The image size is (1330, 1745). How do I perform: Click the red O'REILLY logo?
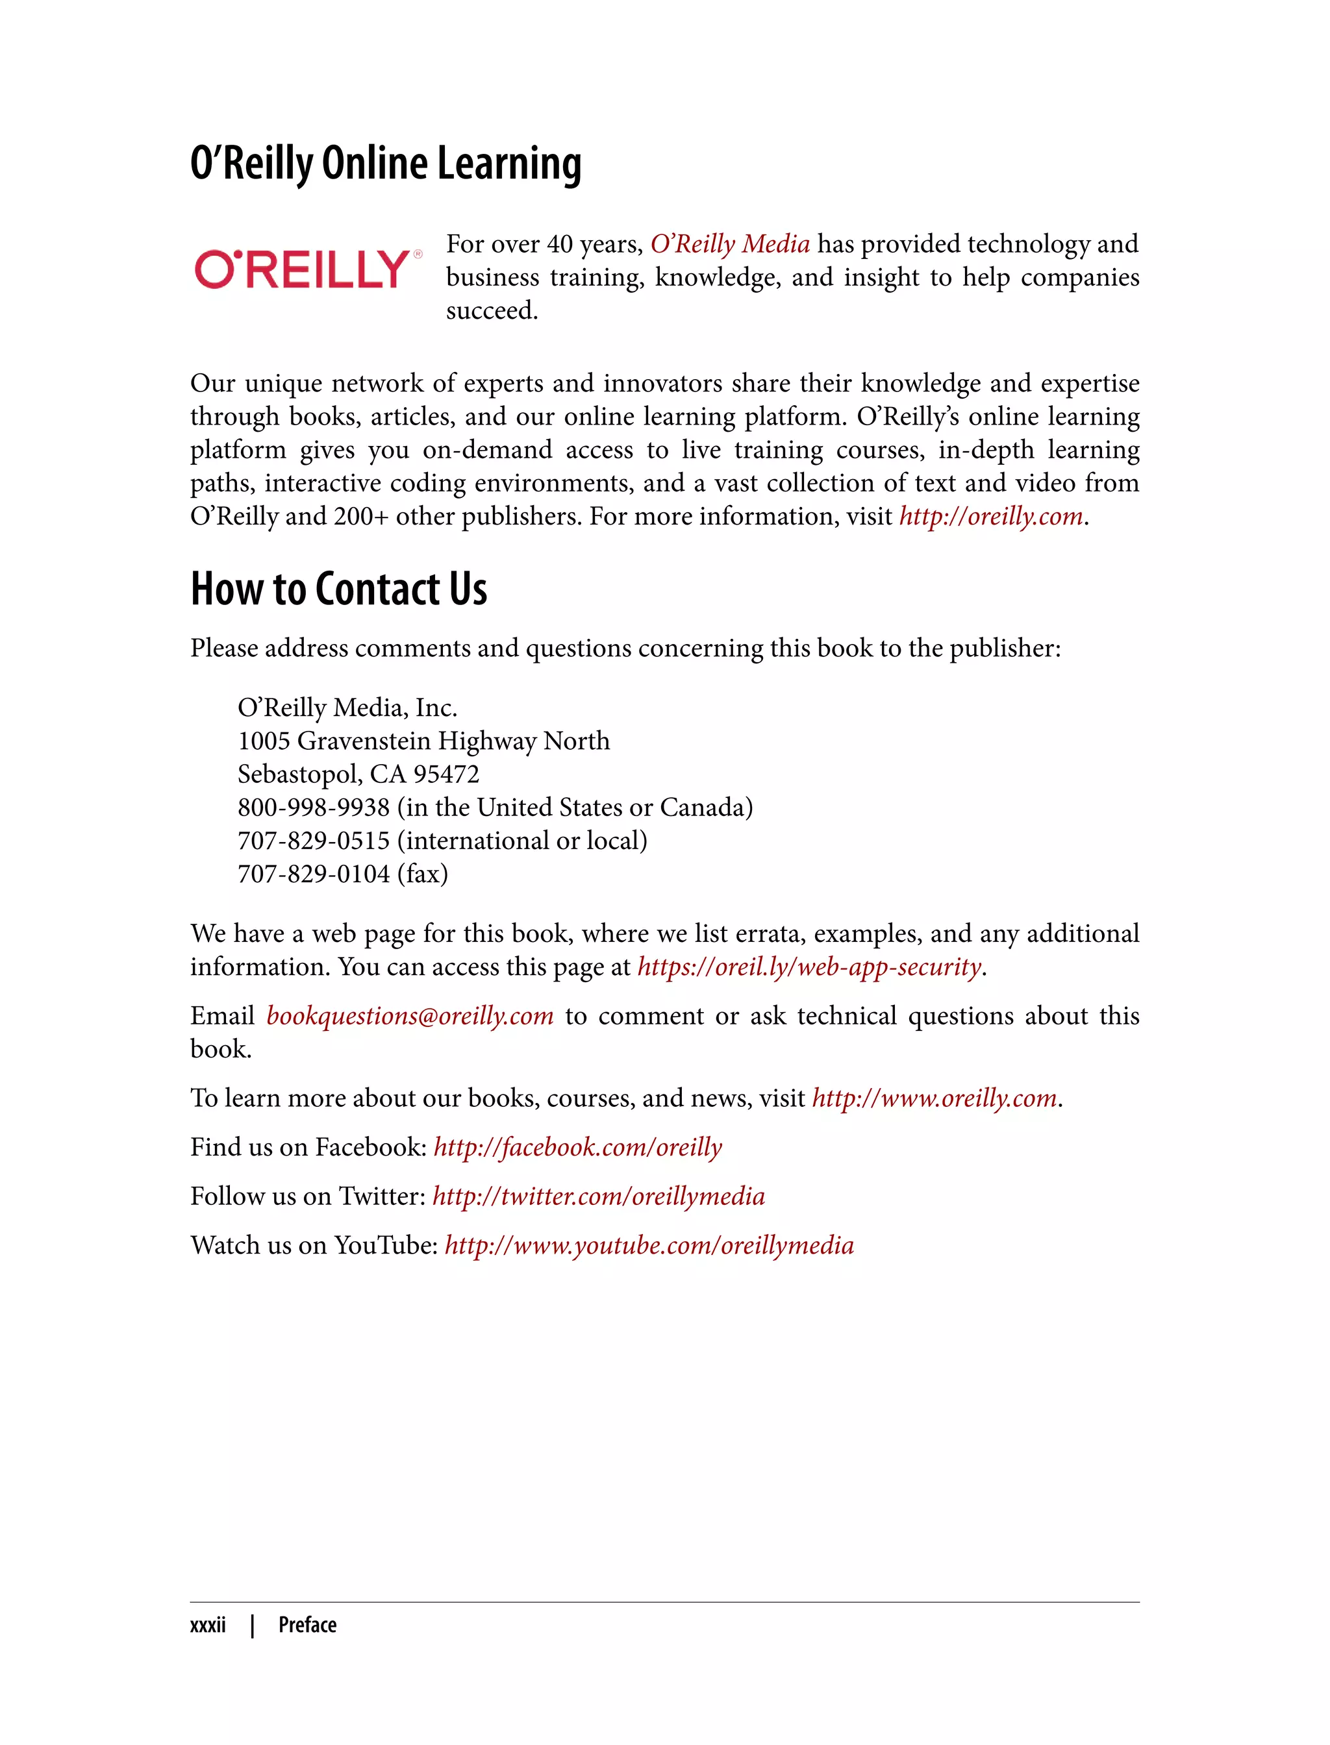[303, 270]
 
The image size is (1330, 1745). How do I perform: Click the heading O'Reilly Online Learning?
[386, 164]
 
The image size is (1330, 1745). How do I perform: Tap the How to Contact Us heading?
[338, 589]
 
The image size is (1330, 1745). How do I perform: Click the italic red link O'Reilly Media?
[729, 243]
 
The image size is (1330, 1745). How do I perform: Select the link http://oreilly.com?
[990, 517]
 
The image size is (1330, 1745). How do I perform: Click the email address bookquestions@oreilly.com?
[409, 1016]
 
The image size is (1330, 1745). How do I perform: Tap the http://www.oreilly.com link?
[934, 1098]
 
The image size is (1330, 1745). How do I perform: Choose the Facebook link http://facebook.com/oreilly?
[577, 1148]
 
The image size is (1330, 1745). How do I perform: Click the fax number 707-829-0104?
[314, 874]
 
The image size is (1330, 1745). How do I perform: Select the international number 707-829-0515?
[314, 841]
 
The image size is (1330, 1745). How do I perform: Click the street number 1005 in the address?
[264, 741]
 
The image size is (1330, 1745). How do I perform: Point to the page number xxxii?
[207, 1626]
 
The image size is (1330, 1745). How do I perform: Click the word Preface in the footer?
[307, 1626]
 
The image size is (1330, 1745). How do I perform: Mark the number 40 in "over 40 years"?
[559, 245]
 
